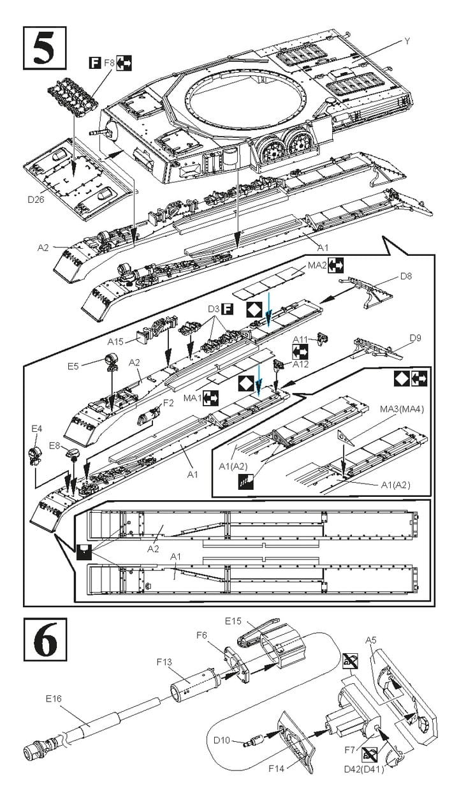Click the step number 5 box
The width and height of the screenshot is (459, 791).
(x=45, y=46)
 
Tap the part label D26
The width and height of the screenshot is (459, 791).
(x=37, y=199)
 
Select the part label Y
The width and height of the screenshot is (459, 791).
(x=407, y=41)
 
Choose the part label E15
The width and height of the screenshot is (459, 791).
(x=233, y=621)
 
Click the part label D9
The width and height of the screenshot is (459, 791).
(x=416, y=337)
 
